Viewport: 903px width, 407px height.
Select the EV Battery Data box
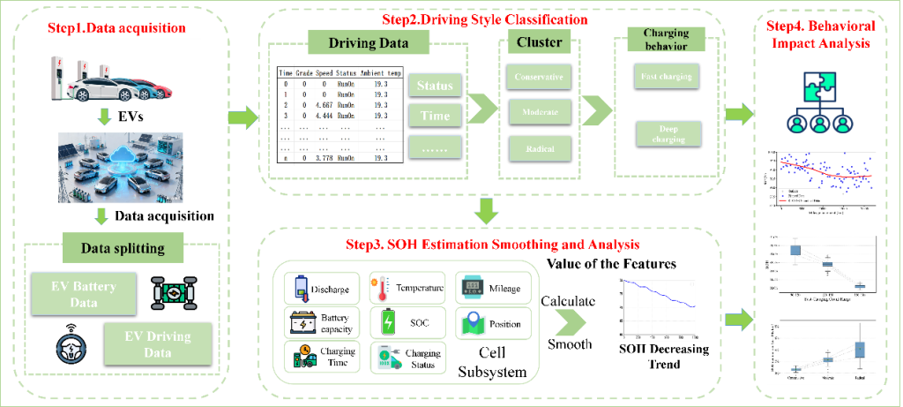click(x=85, y=292)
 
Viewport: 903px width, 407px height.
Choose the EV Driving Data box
click(x=160, y=343)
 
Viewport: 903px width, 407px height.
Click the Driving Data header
click(x=368, y=43)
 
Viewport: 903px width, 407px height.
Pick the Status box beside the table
click(x=435, y=86)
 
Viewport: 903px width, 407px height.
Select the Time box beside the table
click(x=435, y=116)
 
